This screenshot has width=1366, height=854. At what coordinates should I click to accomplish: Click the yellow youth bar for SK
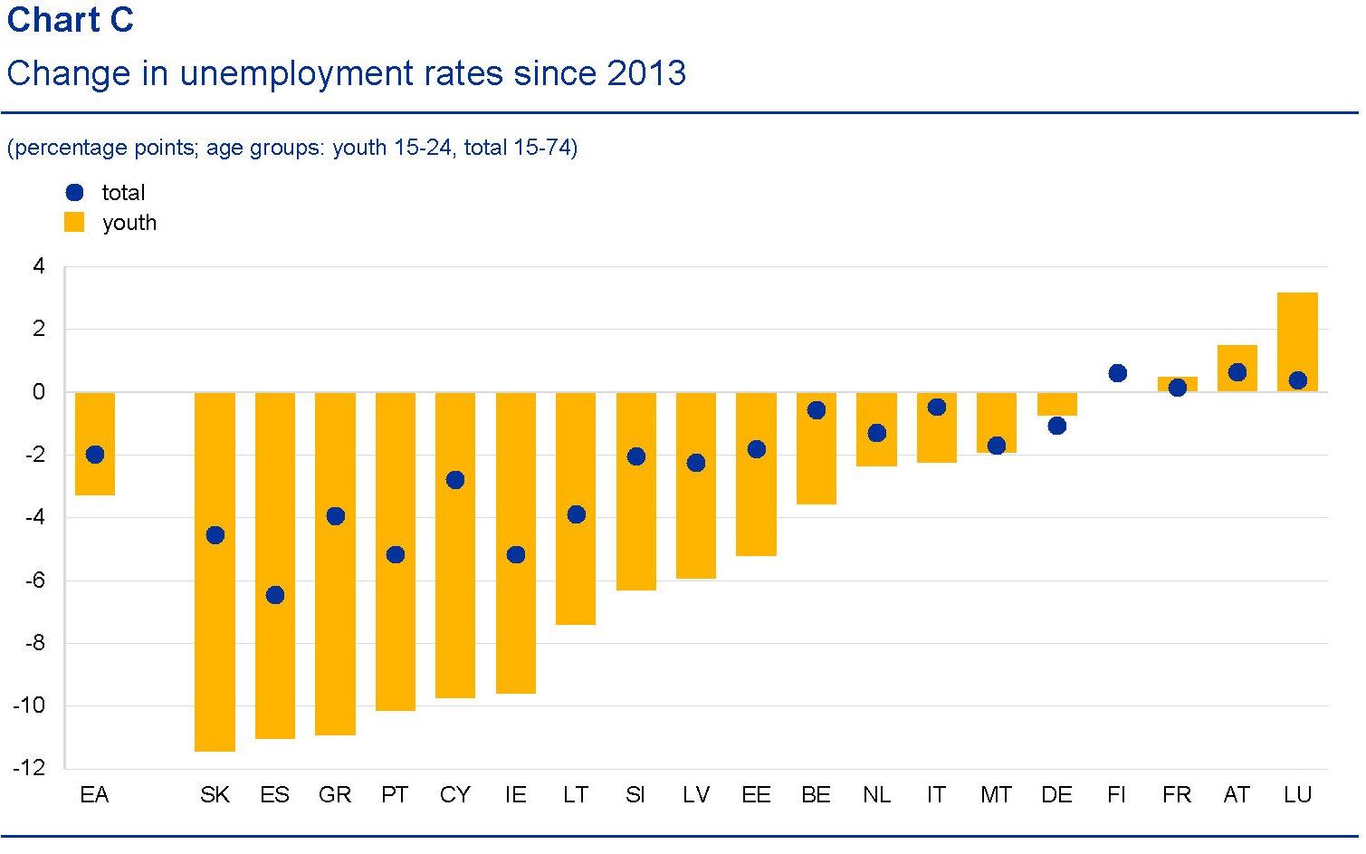[215, 634]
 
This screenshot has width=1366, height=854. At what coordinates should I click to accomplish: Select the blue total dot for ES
[275, 595]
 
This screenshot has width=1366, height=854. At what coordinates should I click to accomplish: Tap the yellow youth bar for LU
[1297, 335]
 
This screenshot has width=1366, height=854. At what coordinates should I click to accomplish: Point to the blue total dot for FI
[1117, 373]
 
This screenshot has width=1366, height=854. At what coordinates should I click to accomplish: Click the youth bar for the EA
[95, 480]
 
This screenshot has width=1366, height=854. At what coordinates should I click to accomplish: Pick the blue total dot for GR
[335, 516]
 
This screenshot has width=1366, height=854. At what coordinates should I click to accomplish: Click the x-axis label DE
[1056, 795]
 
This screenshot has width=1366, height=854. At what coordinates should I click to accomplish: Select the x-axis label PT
[395, 795]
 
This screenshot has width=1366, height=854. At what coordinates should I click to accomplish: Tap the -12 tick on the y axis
[29, 768]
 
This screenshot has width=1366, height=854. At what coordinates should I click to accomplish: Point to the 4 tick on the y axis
[38, 266]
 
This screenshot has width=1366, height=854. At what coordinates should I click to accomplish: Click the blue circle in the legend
[75, 192]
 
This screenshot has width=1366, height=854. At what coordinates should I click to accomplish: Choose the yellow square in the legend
[74, 223]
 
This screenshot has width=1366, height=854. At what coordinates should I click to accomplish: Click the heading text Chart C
[71, 20]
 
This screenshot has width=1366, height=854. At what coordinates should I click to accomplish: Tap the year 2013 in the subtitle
[646, 73]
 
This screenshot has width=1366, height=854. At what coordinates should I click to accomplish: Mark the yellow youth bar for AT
[1237, 358]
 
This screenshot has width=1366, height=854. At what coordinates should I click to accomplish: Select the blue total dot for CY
[455, 480]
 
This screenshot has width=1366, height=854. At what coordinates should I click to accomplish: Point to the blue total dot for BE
[817, 410]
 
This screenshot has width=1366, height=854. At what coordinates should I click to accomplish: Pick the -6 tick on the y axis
[33, 581]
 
